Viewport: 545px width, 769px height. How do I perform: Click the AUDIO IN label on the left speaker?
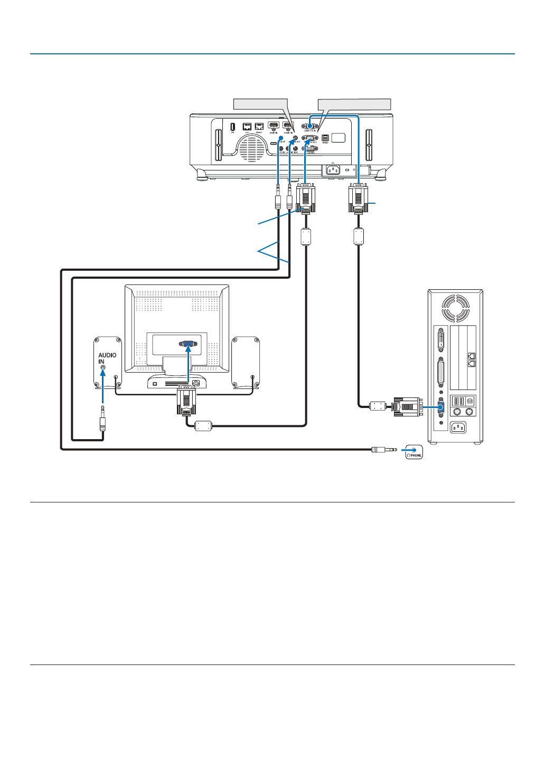(x=107, y=358)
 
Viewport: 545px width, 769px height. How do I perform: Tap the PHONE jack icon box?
(x=414, y=452)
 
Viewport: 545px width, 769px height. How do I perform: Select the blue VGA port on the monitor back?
(x=188, y=344)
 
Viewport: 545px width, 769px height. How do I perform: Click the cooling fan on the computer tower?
(x=455, y=308)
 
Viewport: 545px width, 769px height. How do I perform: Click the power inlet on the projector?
(x=333, y=170)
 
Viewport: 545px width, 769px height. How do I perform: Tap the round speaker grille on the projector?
(x=252, y=148)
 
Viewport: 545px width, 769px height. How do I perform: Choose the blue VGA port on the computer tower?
(x=441, y=407)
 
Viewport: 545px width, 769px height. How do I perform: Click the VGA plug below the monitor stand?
(x=186, y=400)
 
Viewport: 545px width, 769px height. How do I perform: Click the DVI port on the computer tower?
(x=441, y=339)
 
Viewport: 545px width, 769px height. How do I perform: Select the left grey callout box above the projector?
(x=260, y=104)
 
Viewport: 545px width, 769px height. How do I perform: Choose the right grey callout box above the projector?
(x=354, y=104)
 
